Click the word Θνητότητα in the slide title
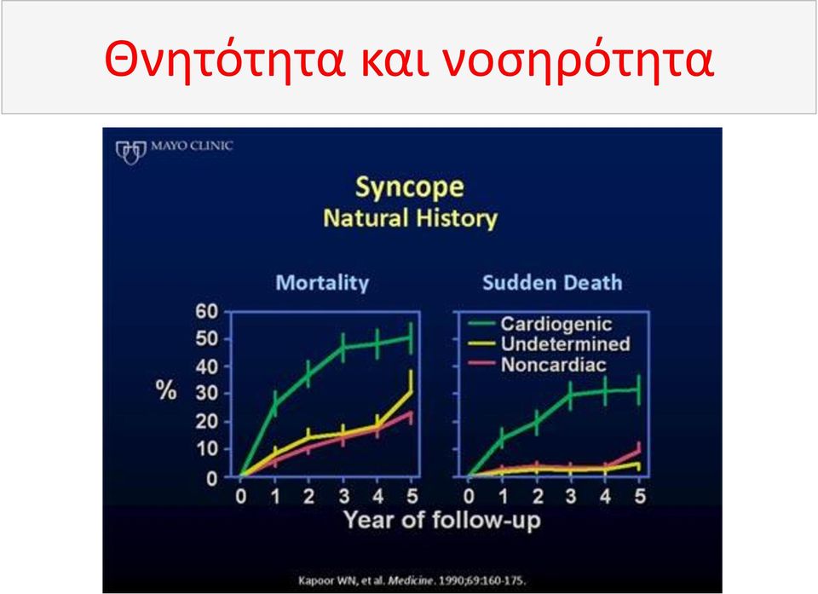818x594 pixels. click(x=225, y=58)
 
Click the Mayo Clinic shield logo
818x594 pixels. click(x=130, y=152)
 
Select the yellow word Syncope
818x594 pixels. click(x=410, y=187)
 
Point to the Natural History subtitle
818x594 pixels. click(x=411, y=218)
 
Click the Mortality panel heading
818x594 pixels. click(x=322, y=282)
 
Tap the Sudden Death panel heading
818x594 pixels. click(x=552, y=282)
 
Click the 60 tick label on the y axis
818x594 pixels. click(x=206, y=311)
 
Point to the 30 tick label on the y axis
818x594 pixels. click(x=206, y=393)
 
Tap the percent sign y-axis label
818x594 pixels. click(x=166, y=390)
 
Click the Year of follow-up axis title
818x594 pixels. click(x=442, y=520)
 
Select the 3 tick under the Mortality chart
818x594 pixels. click(x=343, y=496)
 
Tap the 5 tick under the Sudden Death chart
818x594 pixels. click(x=640, y=496)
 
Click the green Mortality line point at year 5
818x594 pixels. click(x=411, y=337)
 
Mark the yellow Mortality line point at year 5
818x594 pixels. click(x=411, y=391)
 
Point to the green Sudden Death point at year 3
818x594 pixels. click(x=571, y=395)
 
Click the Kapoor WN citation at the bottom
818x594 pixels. click(x=412, y=580)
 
